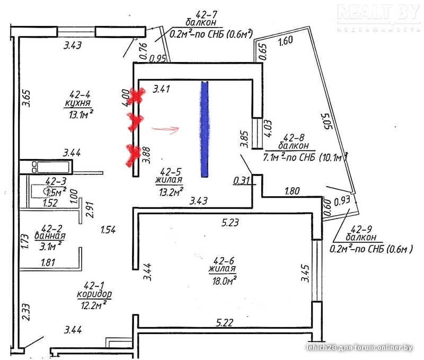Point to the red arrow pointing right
tap(166, 128)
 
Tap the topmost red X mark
tap(137, 96)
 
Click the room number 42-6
tap(223, 260)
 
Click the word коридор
tap(93, 293)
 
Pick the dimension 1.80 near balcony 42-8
tap(294, 190)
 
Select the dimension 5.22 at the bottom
tap(226, 321)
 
